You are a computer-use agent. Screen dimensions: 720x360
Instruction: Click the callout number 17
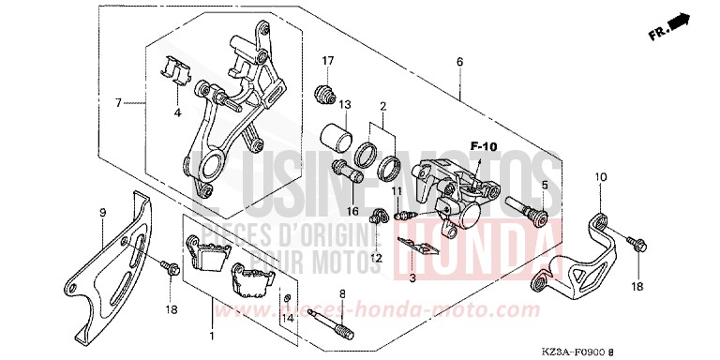tap(328, 62)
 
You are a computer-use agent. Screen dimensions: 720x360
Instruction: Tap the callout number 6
tap(459, 62)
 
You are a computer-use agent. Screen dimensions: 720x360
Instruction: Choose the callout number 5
tap(544, 184)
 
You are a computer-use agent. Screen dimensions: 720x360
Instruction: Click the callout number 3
tap(411, 277)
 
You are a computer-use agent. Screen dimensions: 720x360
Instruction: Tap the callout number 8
tap(342, 294)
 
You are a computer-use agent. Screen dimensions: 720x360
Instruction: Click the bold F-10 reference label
tap(484, 146)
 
